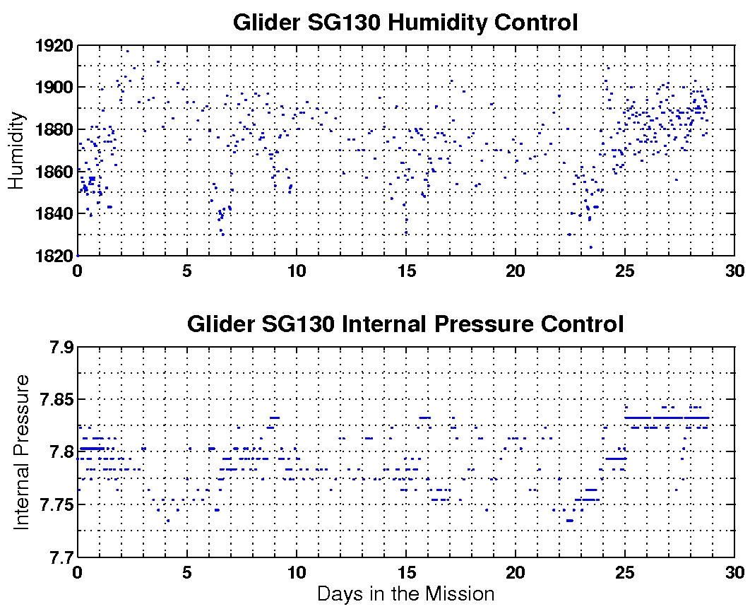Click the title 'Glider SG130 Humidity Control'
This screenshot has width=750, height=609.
click(405, 23)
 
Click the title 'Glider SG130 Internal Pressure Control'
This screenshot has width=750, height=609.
click(405, 324)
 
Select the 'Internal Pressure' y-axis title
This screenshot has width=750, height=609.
click(22, 452)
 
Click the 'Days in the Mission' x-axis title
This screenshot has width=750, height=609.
click(405, 593)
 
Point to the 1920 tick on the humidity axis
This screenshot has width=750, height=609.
click(54, 46)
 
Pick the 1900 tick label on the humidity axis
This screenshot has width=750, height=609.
click(54, 88)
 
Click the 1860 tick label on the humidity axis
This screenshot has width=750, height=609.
click(54, 172)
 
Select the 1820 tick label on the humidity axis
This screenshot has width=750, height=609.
click(54, 255)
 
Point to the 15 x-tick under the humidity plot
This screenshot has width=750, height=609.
click(406, 270)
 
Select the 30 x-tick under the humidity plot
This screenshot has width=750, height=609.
click(734, 270)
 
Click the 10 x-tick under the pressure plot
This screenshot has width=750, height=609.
click(297, 572)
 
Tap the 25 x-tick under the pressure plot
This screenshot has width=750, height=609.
click(625, 572)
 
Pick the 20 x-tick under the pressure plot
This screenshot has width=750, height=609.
click(516, 572)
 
